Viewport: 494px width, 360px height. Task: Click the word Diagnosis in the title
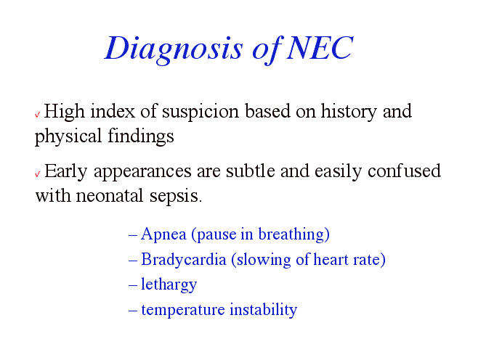tap(174, 49)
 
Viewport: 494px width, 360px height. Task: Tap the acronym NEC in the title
tap(320, 47)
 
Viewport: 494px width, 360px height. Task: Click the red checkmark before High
tap(37, 114)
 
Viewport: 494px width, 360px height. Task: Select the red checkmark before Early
tap(37, 173)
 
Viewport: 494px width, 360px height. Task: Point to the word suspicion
tap(201, 112)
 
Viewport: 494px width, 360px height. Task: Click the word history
tap(349, 112)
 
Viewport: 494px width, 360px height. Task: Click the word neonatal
tap(110, 196)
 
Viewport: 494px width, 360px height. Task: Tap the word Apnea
tap(163, 234)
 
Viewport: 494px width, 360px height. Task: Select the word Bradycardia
tap(184, 260)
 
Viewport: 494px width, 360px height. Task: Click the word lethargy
tap(169, 285)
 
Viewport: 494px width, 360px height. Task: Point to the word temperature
tap(183, 310)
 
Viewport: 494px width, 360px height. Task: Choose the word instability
tap(264, 310)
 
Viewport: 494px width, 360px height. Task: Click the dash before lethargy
tap(133, 285)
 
